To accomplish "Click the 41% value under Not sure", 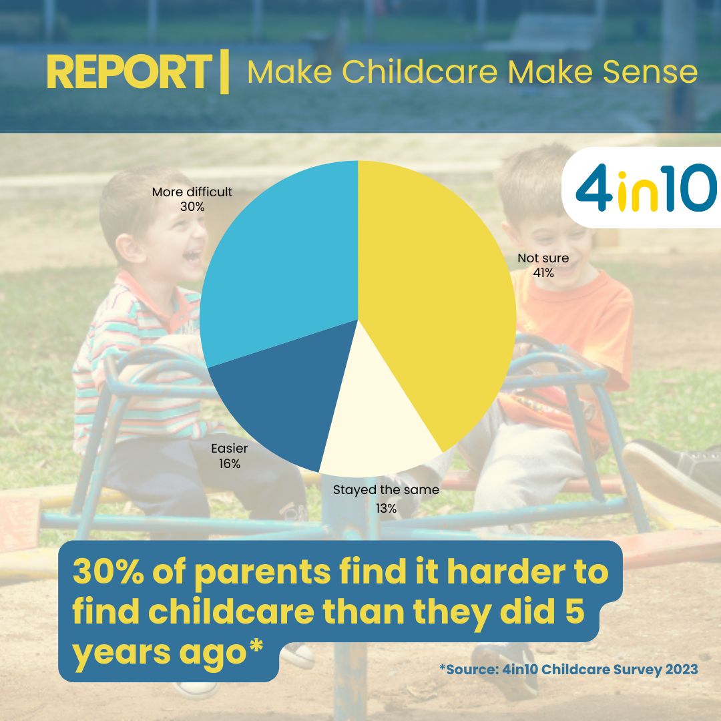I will point(543,272).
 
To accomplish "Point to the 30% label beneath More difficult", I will point(192,207).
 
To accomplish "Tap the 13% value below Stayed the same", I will point(386,508).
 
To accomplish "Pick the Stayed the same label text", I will point(386,490).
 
